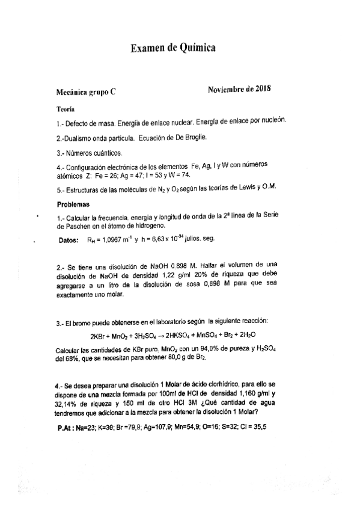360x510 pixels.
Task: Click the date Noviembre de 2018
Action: pyautogui.click(x=239, y=90)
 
